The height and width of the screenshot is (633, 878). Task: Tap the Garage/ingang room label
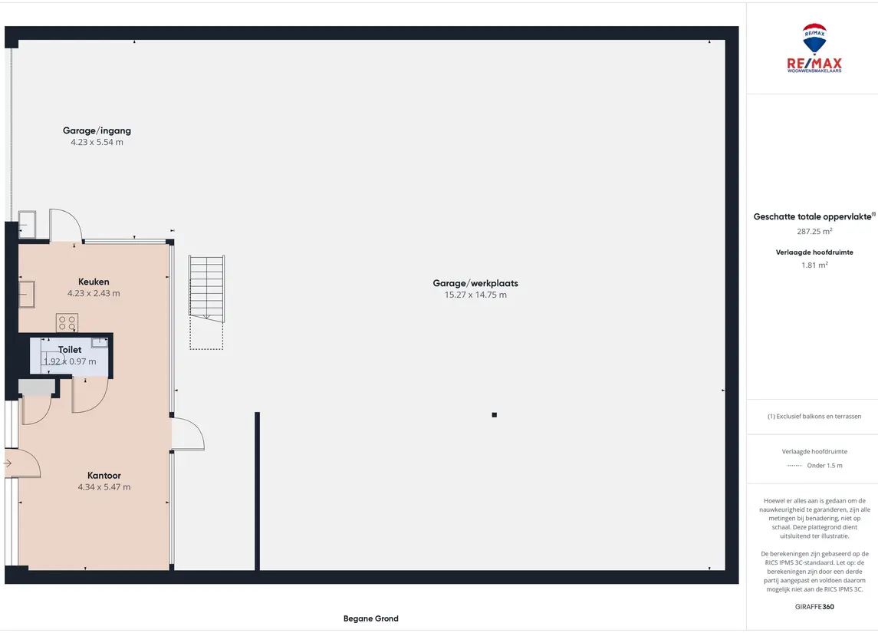97,130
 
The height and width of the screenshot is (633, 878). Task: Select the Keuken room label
94,282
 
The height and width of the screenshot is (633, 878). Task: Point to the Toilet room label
70,350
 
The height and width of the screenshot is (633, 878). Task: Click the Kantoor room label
104,476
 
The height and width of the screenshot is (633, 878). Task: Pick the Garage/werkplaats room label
475,283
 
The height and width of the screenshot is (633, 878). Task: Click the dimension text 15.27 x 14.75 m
475,295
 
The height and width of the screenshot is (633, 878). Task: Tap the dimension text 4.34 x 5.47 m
104,487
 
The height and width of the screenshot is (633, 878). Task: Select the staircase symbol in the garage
206,302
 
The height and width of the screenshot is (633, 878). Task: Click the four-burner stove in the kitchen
67,323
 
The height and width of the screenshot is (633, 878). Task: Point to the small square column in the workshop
495,415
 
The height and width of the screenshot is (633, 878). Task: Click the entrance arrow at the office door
8,463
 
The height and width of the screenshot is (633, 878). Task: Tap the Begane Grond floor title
370,618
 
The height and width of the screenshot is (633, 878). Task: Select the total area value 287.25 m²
814,231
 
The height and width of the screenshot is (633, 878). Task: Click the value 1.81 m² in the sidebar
814,265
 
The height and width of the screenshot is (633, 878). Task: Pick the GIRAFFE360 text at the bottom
814,607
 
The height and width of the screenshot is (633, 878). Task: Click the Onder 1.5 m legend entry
824,466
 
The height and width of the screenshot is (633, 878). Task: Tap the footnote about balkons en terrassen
814,416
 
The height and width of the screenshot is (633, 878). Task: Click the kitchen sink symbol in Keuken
26,294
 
